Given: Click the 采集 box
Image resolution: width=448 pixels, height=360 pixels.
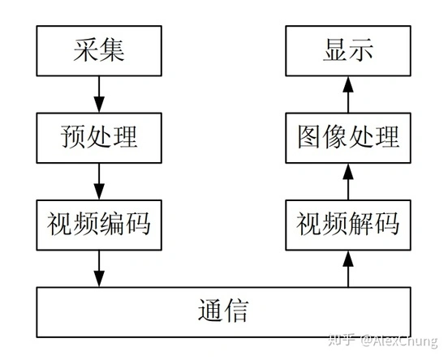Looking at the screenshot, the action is coord(99,51).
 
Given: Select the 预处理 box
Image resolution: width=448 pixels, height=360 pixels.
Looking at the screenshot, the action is coord(99,138).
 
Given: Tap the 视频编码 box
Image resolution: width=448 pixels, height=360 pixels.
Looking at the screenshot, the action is coord(99,225).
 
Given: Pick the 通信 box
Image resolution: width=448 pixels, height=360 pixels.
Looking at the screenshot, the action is coord(223,312).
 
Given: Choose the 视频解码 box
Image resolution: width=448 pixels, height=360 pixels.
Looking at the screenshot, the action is coord(348,225).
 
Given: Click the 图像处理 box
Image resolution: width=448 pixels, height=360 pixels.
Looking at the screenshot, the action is coord(348,138).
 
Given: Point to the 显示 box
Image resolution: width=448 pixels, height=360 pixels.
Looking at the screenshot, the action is coord(348,51).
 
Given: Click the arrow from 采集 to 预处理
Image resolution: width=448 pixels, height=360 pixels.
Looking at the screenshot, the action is coord(99,95).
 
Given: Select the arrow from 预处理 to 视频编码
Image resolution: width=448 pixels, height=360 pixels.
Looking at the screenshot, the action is coord(99,182).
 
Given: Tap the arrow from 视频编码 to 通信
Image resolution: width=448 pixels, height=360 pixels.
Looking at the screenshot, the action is coord(99,268).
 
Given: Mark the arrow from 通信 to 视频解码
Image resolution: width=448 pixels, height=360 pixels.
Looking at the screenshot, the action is coord(348,268).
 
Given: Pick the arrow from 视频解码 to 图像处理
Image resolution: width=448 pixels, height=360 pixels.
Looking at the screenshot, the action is coord(348,182).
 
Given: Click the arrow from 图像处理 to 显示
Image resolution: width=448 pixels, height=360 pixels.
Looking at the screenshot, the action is coord(348,95).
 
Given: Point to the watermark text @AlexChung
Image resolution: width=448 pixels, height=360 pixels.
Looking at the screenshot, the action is coord(398,341).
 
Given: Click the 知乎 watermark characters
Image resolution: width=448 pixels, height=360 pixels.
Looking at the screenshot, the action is coord(342,340).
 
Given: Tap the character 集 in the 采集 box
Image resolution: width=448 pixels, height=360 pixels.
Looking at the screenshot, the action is coord(112,50).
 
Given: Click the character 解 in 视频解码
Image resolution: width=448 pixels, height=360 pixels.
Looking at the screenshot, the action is coord(361,224).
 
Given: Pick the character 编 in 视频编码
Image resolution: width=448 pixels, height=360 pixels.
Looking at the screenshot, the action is coord(112,224).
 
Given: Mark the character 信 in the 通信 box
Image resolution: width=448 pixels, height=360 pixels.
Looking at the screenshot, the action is coord(236,311).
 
